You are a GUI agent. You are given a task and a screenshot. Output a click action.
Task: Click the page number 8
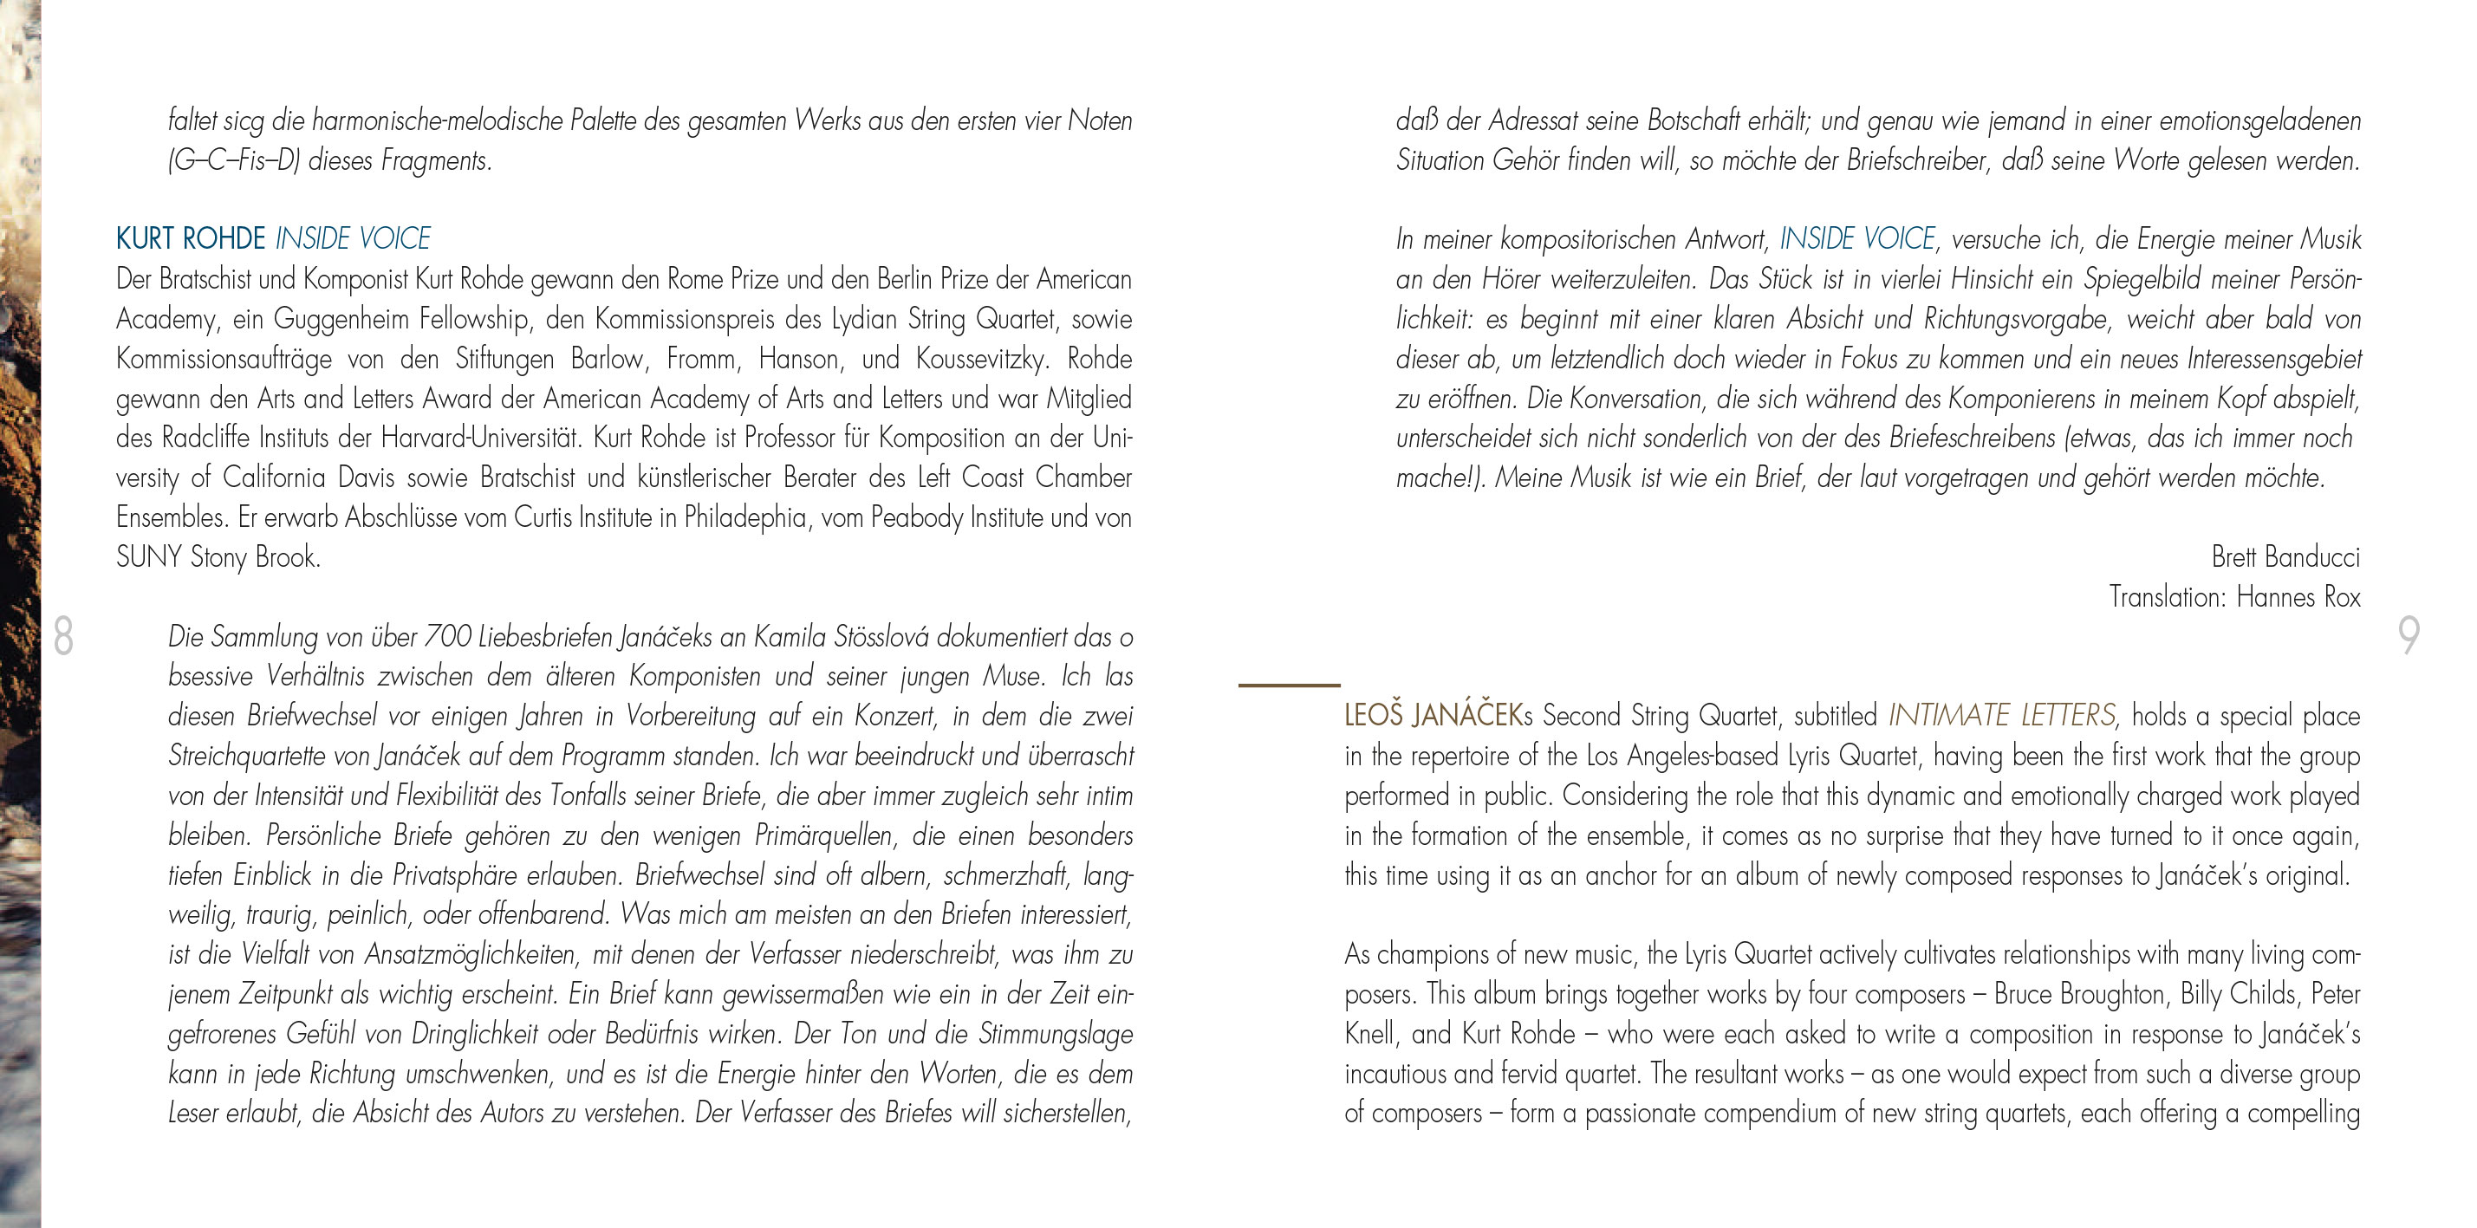tap(63, 635)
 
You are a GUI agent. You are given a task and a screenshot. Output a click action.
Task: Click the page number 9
tap(2408, 635)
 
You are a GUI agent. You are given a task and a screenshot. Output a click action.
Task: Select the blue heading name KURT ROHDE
tap(191, 238)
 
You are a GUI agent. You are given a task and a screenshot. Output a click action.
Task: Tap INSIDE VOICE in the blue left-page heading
tap(353, 238)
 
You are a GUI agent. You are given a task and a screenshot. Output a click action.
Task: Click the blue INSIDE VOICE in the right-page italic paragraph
tap(1856, 238)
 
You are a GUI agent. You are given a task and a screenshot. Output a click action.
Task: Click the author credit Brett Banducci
tap(2285, 556)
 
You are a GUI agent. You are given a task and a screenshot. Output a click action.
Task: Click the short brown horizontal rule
tap(1289, 685)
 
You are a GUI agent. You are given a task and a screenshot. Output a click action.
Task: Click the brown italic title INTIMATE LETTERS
tap(2002, 717)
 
